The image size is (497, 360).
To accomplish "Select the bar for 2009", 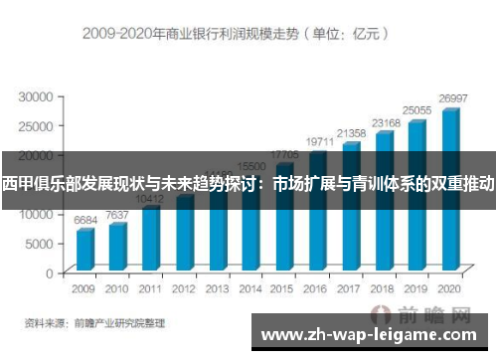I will pyautogui.click(x=85, y=249).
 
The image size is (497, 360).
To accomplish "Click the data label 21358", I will pyautogui.click(x=352, y=133).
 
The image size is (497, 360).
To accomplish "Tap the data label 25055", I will pyautogui.click(x=417, y=110).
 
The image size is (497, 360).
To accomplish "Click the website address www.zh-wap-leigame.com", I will pyautogui.click(x=373, y=333).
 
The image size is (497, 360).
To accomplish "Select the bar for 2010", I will pyautogui.click(x=118, y=246).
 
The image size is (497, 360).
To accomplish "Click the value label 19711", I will pyautogui.click(x=319, y=143).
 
